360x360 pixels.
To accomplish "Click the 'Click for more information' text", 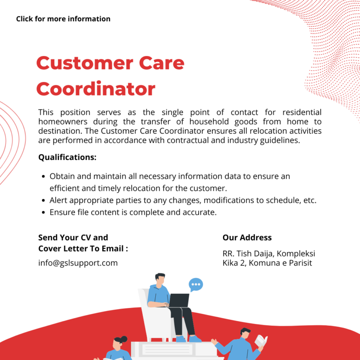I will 63,19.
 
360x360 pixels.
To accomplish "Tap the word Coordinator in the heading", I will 95,89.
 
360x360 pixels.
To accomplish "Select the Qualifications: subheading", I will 67,157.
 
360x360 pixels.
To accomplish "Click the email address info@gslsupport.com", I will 78,263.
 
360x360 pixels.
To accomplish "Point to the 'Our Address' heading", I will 247,238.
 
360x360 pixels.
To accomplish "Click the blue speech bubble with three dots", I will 196,285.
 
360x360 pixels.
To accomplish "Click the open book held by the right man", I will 261,340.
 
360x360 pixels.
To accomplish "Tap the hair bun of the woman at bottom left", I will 124,338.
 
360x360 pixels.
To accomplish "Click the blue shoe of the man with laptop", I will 195,338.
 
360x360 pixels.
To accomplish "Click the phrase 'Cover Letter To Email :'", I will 83,249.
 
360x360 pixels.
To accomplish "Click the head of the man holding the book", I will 245,334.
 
